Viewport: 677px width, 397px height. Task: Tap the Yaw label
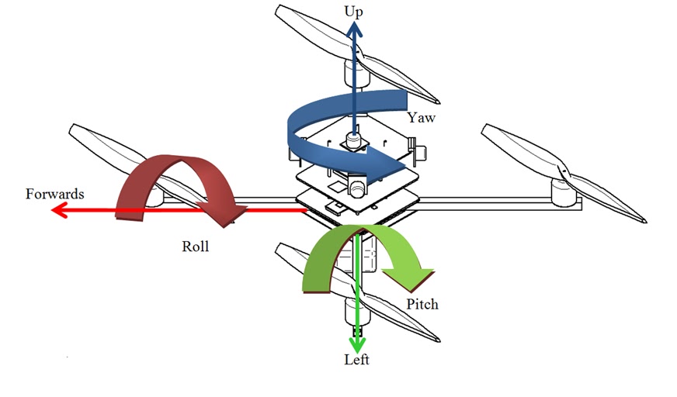click(x=420, y=119)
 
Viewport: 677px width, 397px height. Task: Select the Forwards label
click(x=54, y=194)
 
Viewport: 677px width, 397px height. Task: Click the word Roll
click(x=196, y=247)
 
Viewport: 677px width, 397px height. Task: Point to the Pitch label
click(x=422, y=304)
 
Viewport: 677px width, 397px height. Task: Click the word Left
click(x=357, y=360)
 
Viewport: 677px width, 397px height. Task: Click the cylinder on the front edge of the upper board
click(x=356, y=186)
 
